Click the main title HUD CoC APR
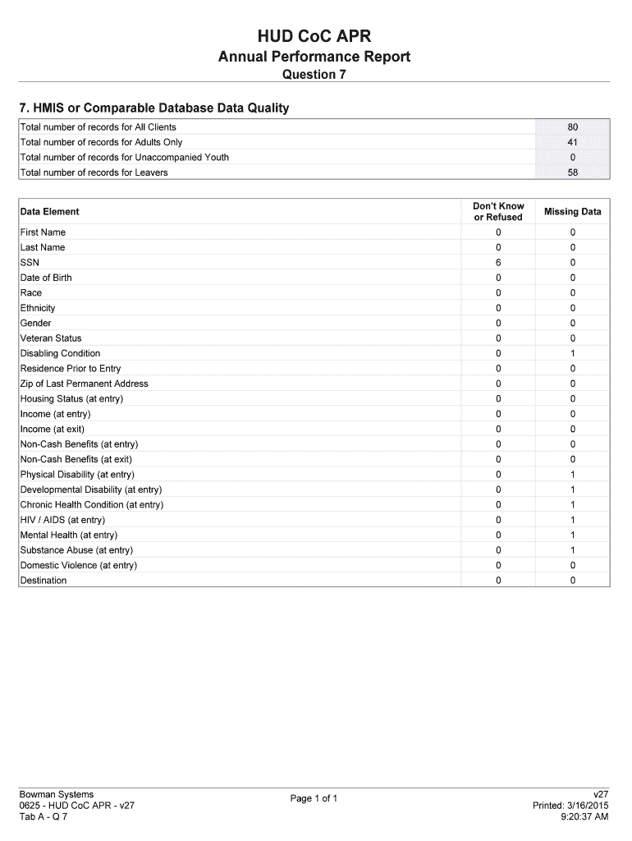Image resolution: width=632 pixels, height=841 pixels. (314, 35)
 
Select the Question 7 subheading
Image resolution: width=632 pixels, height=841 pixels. (314, 75)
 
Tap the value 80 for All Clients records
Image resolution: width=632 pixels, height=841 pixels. (572, 127)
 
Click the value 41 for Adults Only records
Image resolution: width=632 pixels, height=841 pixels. (572, 142)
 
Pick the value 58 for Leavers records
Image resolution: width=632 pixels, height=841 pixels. (572, 172)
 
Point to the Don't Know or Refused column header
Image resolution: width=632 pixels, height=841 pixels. (497, 212)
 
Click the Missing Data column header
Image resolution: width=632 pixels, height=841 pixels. (572, 212)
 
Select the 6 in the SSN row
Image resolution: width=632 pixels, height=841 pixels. (497, 263)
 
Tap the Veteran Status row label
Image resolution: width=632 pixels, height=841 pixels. (51, 338)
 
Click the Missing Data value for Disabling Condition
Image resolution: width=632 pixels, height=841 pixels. (572, 353)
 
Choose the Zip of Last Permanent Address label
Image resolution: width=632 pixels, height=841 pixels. (84, 384)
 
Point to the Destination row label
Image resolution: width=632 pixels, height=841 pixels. (44, 581)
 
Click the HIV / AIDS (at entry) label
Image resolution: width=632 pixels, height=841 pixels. (62, 520)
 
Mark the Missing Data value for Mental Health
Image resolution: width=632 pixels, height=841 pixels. (572, 535)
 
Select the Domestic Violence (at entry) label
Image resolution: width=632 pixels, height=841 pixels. (79, 565)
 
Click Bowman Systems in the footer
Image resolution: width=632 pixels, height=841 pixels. (57, 794)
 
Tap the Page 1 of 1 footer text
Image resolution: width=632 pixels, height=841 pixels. (314, 798)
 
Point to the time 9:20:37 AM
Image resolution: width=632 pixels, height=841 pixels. (584, 817)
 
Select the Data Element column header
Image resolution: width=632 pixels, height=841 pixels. (49, 212)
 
